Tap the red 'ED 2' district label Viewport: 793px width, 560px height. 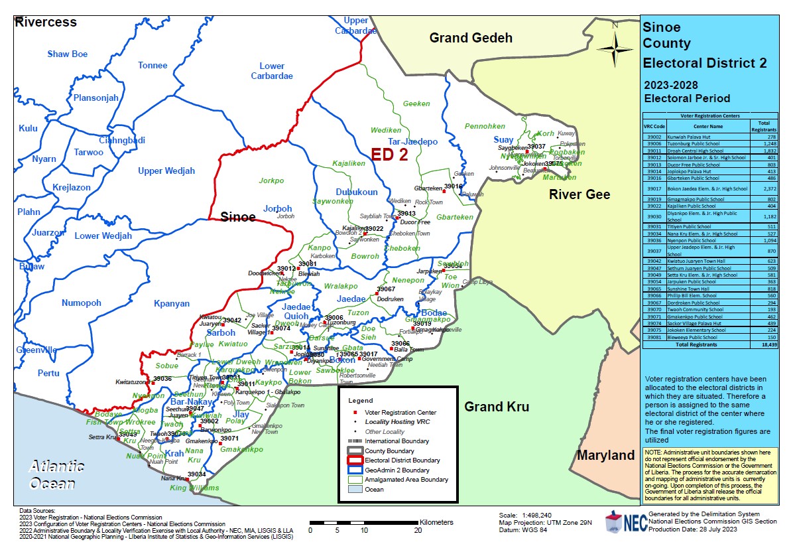click(x=389, y=155)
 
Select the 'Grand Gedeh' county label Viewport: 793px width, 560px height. click(x=471, y=38)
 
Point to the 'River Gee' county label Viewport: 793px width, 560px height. click(x=579, y=194)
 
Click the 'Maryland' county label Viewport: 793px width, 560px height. click(x=605, y=455)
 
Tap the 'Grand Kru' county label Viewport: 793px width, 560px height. click(x=496, y=407)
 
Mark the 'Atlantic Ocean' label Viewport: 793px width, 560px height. click(x=56, y=474)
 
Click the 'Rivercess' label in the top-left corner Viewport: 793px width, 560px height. click(x=46, y=22)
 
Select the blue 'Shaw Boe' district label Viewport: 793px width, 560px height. click(x=67, y=54)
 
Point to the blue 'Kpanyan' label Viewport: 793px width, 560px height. click(x=171, y=303)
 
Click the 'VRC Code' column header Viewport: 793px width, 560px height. click(x=653, y=126)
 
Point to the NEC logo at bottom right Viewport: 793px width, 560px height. click(x=624, y=523)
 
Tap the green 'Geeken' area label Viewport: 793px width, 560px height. click(x=416, y=104)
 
